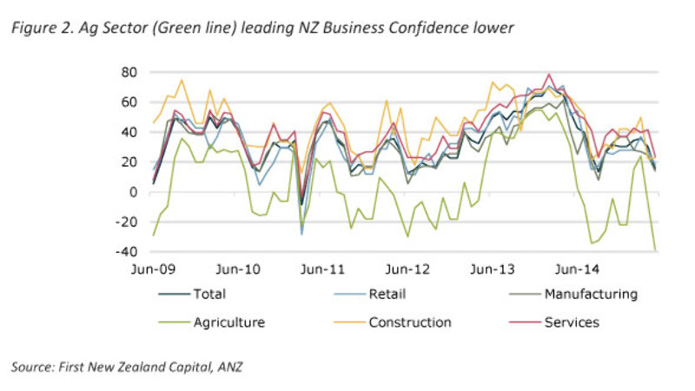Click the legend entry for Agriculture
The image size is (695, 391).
point(228,322)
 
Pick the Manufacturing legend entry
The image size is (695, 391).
point(590,294)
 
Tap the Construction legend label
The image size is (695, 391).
point(410,322)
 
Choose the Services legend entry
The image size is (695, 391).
point(572,322)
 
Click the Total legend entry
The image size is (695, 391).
point(208,294)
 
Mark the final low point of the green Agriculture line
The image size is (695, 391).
point(654,250)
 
